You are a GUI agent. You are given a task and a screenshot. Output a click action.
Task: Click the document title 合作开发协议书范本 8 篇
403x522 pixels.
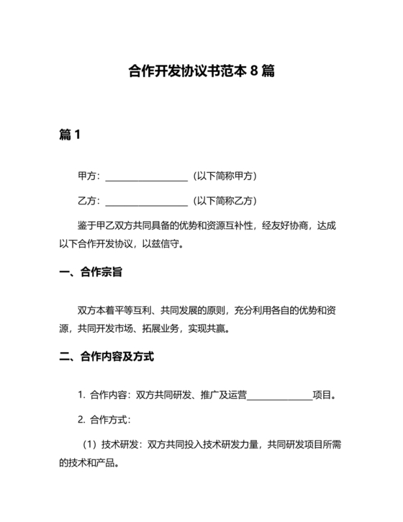[201, 71]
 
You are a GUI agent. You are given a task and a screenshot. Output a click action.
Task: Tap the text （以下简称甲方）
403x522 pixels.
[225, 176]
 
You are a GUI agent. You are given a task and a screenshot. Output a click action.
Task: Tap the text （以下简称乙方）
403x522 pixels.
[225, 200]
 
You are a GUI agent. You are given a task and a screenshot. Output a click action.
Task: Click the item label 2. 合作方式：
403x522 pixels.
[104, 418]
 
